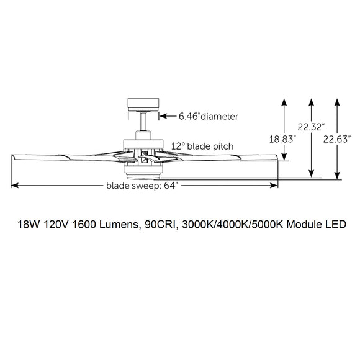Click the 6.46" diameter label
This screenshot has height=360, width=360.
200,115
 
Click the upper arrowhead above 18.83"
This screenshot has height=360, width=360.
284,100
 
